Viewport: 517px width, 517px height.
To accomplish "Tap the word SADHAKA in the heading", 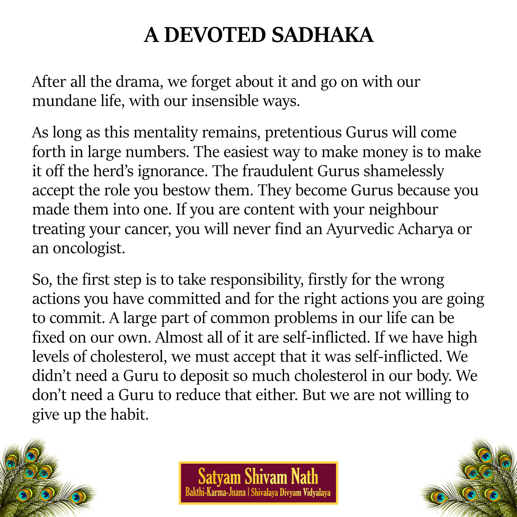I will coord(323,35).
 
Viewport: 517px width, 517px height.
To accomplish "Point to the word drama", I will coord(139,82).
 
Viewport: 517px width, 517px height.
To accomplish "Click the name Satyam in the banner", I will coord(220,477).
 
